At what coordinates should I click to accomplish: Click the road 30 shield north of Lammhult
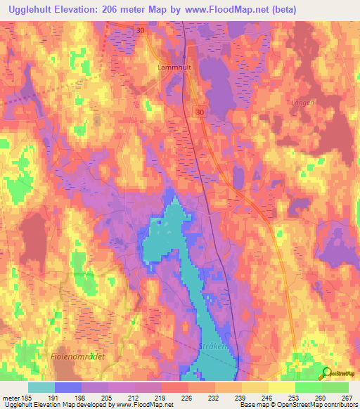(x=140, y=30)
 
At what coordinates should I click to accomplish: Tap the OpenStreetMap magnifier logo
(x=326, y=374)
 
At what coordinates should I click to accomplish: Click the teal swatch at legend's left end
(x=41, y=387)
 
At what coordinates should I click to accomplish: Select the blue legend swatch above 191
(x=68, y=387)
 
